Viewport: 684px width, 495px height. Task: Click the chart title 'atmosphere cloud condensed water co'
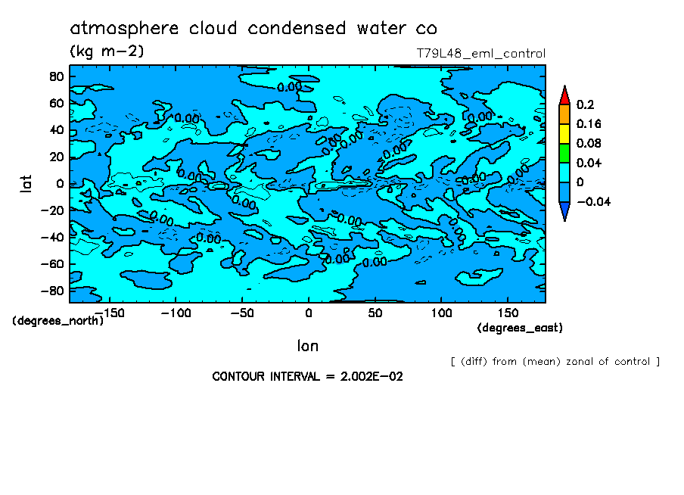253,29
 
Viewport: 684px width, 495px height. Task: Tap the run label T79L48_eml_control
480,54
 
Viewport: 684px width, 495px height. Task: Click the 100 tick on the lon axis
441,313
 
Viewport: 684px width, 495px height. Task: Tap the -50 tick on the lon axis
241,313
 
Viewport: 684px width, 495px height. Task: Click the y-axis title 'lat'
26,182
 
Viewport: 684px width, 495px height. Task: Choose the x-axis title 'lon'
307,346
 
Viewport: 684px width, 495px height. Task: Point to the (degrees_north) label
58,320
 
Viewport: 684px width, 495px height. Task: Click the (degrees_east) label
520,328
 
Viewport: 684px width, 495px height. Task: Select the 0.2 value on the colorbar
584,104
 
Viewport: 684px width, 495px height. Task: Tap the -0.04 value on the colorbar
593,201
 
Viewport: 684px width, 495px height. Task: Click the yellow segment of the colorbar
564,133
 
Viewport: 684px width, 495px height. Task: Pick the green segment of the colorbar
564,153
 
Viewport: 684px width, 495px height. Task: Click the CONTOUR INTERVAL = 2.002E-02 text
307,376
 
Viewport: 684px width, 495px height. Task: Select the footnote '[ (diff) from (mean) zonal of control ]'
555,362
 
